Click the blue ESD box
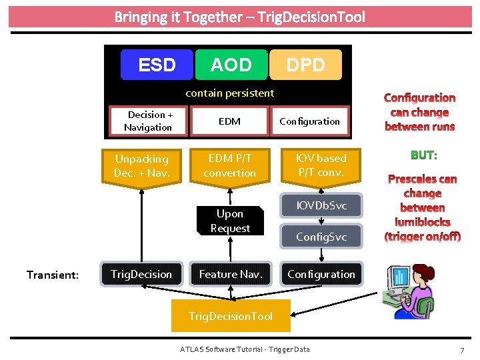click(x=157, y=65)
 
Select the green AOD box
click(x=231, y=65)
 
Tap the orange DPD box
click(x=306, y=65)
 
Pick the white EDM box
click(x=229, y=121)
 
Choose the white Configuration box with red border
click(x=309, y=121)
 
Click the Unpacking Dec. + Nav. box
click(x=141, y=166)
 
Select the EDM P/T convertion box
click(x=230, y=165)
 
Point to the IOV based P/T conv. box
click(x=322, y=165)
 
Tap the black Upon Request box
click(x=230, y=221)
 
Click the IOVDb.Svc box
click(x=321, y=205)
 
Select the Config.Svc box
click(x=321, y=237)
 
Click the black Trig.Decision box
click(x=141, y=274)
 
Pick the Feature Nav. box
click(x=231, y=274)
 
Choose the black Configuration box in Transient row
click(x=321, y=274)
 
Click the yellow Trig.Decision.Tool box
click(x=231, y=316)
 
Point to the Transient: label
click(x=53, y=274)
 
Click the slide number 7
click(x=461, y=350)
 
